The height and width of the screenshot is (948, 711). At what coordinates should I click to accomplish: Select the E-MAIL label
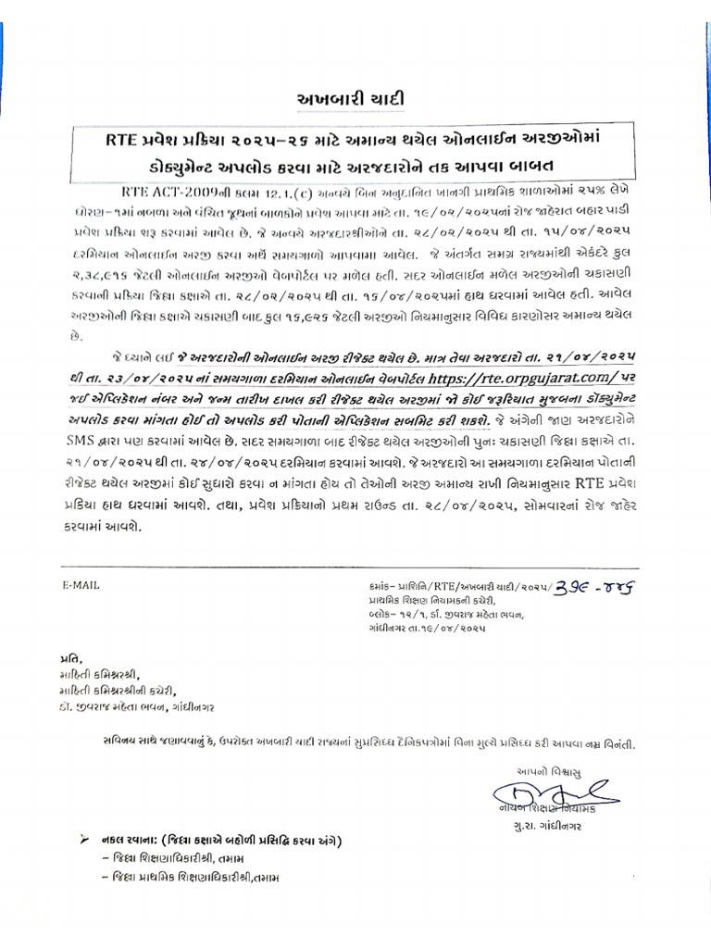[81, 585]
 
